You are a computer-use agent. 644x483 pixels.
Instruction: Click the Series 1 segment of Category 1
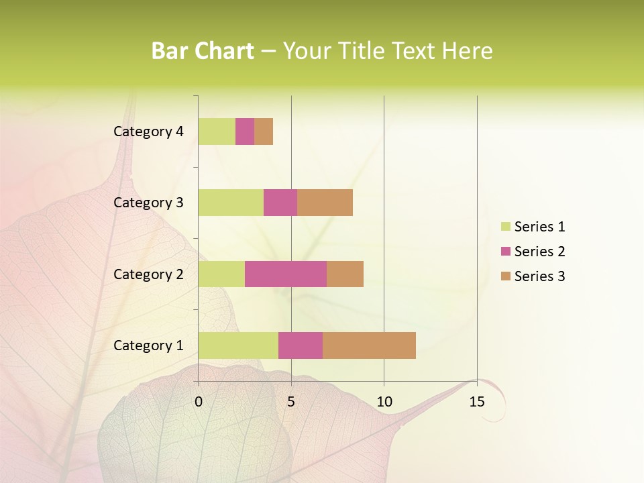pyautogui.click(x=238, y=345)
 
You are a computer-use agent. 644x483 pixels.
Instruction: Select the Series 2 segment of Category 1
pyautogui.click(x=301, y=345)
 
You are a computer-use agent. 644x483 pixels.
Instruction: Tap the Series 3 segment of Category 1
pyautogui.click(x=369, y=345)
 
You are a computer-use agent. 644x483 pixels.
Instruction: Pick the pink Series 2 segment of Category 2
pyautogui.click(x=286, y=274)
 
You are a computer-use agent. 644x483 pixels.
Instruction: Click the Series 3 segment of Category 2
pyautogui.click(x=345, y=274)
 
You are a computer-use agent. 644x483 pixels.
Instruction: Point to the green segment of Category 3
pyautogui.click(x=231, y=203)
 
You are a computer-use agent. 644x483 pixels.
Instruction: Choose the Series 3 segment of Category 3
pyautogui.click(x=325, y=203)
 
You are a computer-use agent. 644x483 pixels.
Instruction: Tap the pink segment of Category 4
pyautogui.click(x=245, y=131)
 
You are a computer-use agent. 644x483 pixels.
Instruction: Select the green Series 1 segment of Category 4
pyautogui.click(x=217, y=131)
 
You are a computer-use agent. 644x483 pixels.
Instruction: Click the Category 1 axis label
pyautogui.click(x=148, y=345)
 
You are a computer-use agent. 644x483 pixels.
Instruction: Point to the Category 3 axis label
pyautogui.click(x=148, y=203)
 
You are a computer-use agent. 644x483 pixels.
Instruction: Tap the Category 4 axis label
pyautogui.click(x=148, y=131)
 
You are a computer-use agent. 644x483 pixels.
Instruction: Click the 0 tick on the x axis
pyautogui.click(x=199, y=402)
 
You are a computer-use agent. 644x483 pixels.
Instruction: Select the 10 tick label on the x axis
pyautogui.click(x=384, y=402)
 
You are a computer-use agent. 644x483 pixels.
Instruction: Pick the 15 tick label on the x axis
pyautogui.click(x=477, y=402)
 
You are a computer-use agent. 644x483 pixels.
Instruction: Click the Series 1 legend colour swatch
pyautogui.click(x=505, y=227)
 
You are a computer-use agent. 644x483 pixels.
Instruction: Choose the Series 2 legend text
pyautogui.click(x=539, y=252)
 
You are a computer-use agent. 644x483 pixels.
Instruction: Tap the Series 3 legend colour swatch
pyautogui.click(x=505, y=276)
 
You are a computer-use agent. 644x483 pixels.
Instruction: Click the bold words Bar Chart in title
pyautogui.click(x=203, y=51)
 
